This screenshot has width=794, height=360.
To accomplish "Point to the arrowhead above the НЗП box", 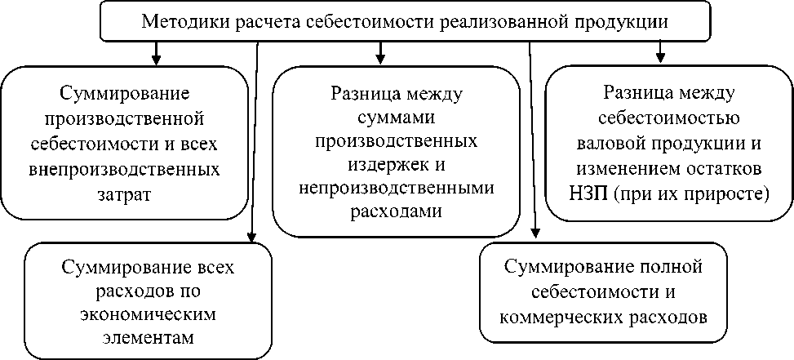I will [659, 57].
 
